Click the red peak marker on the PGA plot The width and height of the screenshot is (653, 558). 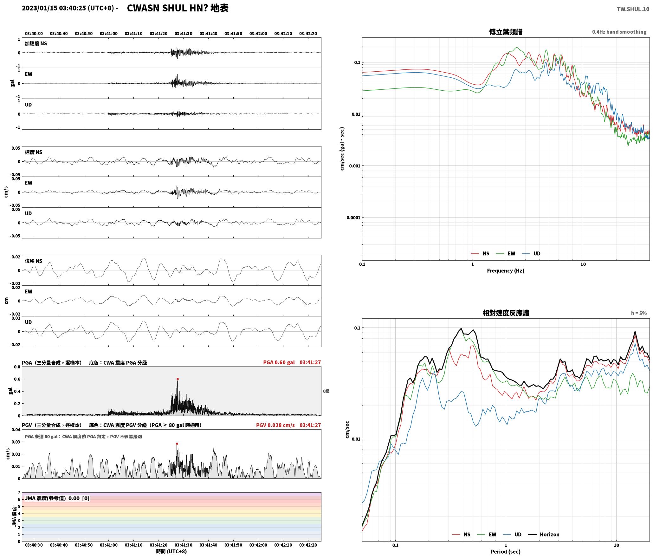178,379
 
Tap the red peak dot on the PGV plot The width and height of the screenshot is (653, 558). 177,444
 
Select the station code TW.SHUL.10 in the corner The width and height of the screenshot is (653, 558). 633,9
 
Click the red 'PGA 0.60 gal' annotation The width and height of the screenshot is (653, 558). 279,362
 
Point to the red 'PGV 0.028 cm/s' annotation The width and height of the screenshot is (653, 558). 275,425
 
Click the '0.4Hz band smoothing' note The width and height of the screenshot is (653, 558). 619,32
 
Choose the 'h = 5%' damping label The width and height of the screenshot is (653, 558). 639,313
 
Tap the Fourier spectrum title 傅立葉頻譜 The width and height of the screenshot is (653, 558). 506,32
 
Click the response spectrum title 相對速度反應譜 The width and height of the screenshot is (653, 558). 506,313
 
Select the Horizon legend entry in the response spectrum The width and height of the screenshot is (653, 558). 544,535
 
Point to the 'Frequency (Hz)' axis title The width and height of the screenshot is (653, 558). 506,271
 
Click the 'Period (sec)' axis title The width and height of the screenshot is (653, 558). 506,552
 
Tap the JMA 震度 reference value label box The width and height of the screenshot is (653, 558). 57,498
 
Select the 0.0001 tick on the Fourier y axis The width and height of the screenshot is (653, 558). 353,218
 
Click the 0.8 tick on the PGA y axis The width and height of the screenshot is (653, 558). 17,367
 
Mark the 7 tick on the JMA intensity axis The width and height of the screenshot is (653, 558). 19,493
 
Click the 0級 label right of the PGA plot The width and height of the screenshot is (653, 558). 326,391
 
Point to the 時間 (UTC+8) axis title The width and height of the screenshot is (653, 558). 171,551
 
